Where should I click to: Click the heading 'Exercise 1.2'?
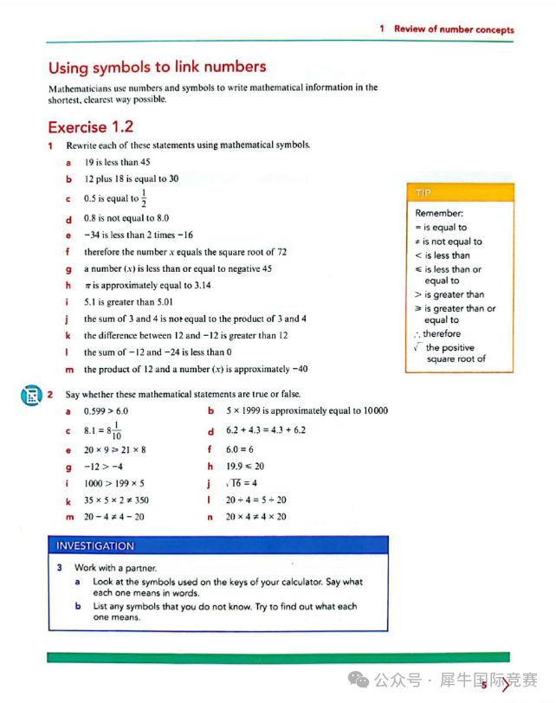coord(90,127)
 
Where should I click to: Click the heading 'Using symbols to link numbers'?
coord(157,68)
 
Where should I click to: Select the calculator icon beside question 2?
coord(30,396)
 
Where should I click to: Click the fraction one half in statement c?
coord(144,198)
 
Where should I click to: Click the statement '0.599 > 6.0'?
coord(106,411)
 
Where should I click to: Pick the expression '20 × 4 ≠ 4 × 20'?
coord(256,517)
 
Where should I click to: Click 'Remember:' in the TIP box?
coord(439,213)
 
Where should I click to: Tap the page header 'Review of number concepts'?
coord(453,29)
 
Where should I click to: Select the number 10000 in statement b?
coord(372,411)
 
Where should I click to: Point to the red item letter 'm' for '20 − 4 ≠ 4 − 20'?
coord(68,517)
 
